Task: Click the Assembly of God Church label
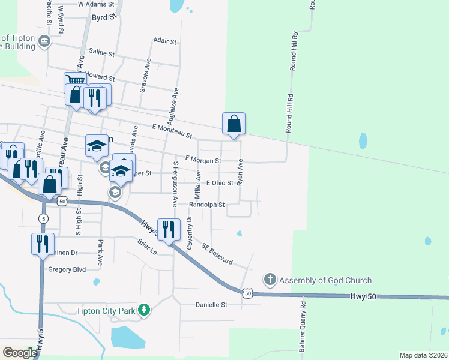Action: tap(325, 280)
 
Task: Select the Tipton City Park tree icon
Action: tap(143, 310)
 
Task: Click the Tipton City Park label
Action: tap(105, 311)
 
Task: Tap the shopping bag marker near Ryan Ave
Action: tap(234, 124)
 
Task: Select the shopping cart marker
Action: tap(75, 80)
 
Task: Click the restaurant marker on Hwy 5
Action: tap(41, 244)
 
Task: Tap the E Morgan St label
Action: tap(203, 160)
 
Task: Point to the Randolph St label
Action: tap(206, 205)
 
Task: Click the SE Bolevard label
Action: tap(217, 254)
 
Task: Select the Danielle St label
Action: tap(211, 305)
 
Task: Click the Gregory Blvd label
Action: tap(67, 269)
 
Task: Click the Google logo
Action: tap(20, 353)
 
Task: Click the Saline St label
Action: tap(101, 53)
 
